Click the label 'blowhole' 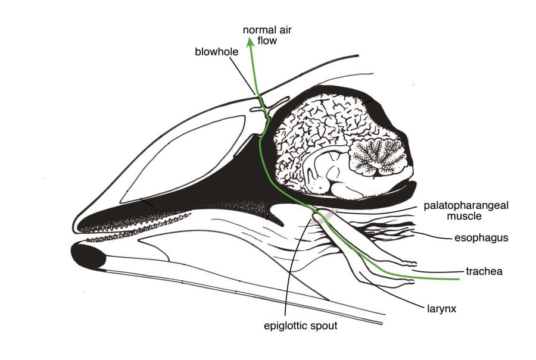[x=216, y=52]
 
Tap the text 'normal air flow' [x=267, y=35]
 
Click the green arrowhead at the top [x=251, y=42]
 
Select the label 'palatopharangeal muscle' [x=466, y=211]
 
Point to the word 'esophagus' [x=481, y=238]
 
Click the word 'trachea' [x=484, y=271]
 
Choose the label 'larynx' [x=442, y=309]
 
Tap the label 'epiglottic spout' [x=301, y=326]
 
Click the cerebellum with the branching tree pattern [x=378, y=156]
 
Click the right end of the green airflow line [x=459, y=279]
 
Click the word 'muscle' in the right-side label [x=464, y=216]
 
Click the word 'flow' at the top [x=267, y=40]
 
